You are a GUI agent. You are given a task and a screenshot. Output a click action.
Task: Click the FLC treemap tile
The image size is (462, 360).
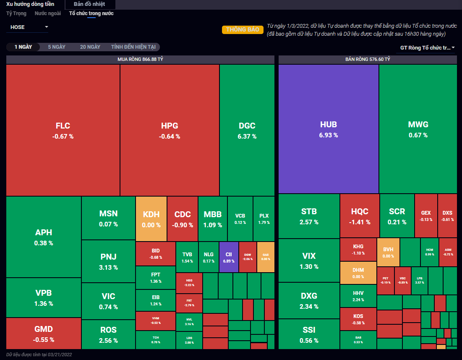[x=63, y=130]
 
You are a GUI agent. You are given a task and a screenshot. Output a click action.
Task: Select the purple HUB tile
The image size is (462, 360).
[x=329, y=129]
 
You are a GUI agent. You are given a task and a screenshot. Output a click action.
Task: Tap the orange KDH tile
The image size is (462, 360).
[x=151, y=218]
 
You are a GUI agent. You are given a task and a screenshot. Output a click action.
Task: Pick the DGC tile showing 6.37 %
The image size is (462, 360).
[x=247, y=130]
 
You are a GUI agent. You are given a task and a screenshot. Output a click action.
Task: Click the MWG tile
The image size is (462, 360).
[x=418, y=129]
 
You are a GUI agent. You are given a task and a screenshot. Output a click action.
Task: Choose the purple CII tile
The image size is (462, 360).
[x=229, y=257]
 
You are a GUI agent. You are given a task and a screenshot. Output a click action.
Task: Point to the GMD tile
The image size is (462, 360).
[x=44, y=333]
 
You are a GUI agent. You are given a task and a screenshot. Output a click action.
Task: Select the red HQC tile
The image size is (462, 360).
[x=360, y=215]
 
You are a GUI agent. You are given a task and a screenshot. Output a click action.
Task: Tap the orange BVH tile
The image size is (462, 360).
[x=388, y=252]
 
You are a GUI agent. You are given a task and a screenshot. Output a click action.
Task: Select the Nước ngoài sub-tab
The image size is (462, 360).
[x=47, y=13]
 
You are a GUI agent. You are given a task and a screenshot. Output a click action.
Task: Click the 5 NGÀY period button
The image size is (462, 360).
[x=57, y=47]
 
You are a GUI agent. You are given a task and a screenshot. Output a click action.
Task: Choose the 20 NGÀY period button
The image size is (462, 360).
[x=90, y=47]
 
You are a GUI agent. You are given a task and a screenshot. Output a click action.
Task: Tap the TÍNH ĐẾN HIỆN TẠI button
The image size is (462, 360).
[x=133, y=47]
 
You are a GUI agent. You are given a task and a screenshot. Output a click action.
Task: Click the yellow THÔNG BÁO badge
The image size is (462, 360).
[x=243, y=30]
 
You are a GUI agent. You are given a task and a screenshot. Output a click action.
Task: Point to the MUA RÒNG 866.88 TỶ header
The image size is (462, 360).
[x=140, y=60]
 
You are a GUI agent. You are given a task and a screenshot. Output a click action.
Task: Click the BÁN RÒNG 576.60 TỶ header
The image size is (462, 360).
[x=368, y=60]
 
